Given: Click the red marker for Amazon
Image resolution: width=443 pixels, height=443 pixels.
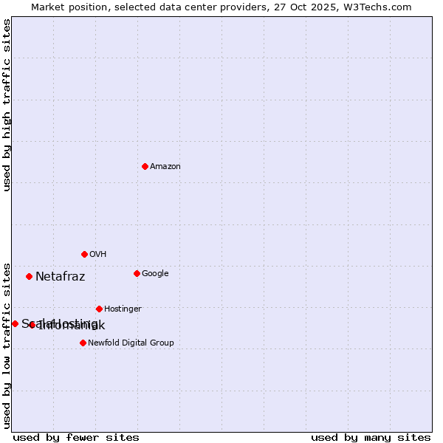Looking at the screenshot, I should (x=145, y=166).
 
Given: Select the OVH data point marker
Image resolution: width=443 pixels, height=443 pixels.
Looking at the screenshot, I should (x=84, y=254).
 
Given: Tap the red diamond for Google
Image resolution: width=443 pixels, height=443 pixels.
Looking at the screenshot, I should (x=137, y=273).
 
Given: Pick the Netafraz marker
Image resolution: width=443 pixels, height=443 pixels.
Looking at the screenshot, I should (x=29, y=276).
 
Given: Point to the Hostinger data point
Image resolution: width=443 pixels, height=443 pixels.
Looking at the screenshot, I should (x=99, y=309).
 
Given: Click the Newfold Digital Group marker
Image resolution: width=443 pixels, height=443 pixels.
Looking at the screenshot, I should (x=83, y=343).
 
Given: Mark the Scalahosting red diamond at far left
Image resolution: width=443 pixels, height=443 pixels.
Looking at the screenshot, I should (x=15, y=323).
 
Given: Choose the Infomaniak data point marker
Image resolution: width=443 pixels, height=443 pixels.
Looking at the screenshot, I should (x=32, y=325).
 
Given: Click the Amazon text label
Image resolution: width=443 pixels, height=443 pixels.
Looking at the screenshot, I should (x=165, y=167).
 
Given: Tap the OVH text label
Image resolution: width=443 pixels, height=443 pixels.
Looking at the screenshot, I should (x=98, y=255).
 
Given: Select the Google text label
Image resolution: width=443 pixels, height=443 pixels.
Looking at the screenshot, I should (x=155, y=274).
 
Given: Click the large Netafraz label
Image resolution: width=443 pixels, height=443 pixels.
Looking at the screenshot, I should (x=61, y=277).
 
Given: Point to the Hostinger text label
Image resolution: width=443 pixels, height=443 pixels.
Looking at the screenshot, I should (x=123, y=309).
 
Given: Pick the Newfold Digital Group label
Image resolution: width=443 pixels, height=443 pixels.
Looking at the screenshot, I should (x=131, y=343).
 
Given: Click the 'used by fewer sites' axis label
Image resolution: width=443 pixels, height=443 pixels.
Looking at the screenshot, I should (x=76, y=437).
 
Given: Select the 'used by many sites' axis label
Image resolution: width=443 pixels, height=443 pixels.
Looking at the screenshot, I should (x=371, y=437).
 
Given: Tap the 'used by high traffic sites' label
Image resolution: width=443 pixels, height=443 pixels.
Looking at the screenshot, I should (x=7, y=105).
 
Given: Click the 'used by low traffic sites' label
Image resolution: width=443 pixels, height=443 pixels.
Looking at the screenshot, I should (x=7, y=345).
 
